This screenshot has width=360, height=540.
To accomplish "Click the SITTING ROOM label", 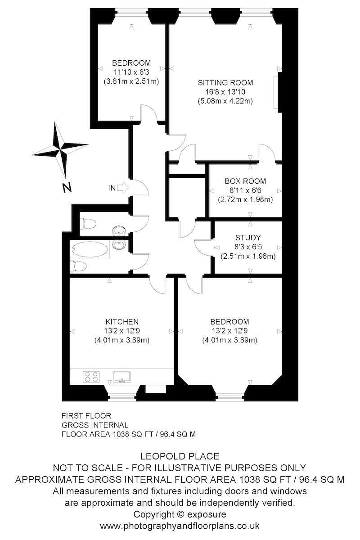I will point(225,83).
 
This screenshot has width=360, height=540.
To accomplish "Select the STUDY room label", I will point(248,238).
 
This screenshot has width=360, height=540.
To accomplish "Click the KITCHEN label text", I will point(121,322).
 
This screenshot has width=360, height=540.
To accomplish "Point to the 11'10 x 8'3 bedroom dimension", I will point(131,72).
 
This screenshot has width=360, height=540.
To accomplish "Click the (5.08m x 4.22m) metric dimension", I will point(225,101).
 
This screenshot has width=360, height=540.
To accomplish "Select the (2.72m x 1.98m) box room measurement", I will point(245,199).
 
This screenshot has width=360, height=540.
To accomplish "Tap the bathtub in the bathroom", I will point(90,250).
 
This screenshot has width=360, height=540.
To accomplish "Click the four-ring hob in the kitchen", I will point(91,376).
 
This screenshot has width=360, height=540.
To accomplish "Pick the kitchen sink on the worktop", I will point(122,376).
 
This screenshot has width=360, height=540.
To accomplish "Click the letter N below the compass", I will point(67,188).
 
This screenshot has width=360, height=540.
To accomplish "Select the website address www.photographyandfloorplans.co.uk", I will point(180,526).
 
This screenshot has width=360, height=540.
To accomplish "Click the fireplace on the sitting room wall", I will point(276,91).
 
